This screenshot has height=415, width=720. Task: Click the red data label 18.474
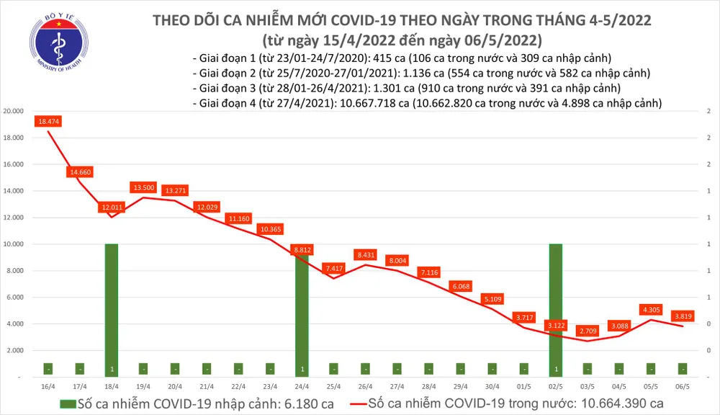[x=48, y=122]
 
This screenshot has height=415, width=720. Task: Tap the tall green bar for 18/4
[x=112, y=310]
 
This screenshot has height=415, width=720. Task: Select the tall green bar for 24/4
[x=302, y=310]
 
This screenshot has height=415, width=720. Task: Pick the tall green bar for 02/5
[x=557, y=310]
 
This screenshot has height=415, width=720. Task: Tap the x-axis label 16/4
[x=48, y=386]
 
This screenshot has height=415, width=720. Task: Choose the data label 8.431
[x=366, y=254]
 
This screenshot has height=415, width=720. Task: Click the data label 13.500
[x=143, y=187]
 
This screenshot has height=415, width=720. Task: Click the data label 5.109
[x=493, y=298]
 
